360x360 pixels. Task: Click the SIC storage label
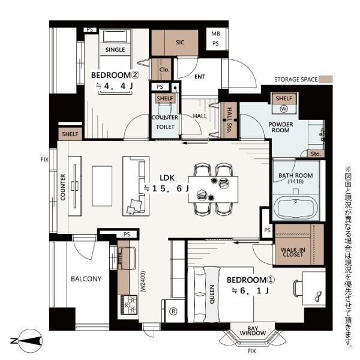point(180,42)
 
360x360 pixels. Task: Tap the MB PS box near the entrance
point(215,39)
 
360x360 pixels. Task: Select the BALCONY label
point(86,279)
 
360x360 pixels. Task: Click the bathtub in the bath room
point(296,208)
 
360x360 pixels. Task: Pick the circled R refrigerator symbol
point(173,311)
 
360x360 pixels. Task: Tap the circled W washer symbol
point(284,109)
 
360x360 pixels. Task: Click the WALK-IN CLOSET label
point(293,252)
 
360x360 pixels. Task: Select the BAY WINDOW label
point(253,331)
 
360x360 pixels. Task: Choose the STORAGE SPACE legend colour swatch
point(326,79)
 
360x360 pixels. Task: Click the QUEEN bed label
point(212,295)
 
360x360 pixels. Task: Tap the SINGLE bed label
point(115,50)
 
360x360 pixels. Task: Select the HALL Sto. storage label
point(229,120)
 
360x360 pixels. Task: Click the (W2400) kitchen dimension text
point(143,282)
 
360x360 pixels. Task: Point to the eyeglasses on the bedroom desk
point(319,296)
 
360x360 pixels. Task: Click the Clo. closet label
point(164,70)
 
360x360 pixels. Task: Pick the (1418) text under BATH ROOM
point(296,181)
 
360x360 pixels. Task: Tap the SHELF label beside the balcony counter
point(70,134)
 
